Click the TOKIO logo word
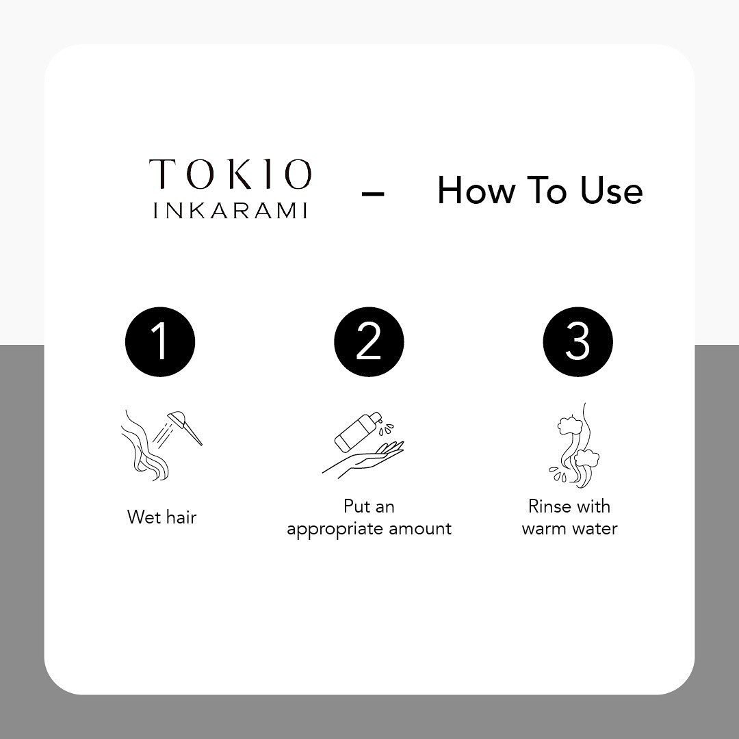tap(231, 174)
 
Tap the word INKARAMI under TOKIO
tap(231, 210)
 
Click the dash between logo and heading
tap(373, 193)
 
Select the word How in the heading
tap(476, 190)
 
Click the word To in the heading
tap(547, 190)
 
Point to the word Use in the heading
tap(611, 190)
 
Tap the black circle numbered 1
tap(160, 341)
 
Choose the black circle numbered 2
tap(369, 341)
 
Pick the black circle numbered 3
tap(578, 341)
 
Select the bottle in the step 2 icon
tap(357, 431)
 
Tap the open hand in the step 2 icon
tap(363, 458)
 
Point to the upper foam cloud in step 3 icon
tap(569, 425)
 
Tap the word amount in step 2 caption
tap(420, 528)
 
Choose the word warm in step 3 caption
tap(543, 529)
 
